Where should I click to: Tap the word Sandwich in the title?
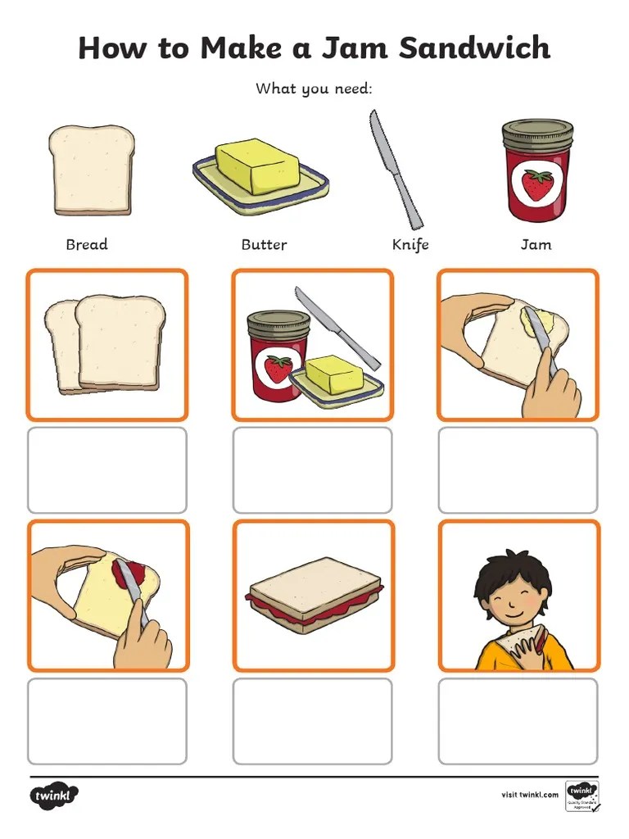475,48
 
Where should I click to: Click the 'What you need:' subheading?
314,88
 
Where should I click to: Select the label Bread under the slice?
87,244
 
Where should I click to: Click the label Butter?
264,244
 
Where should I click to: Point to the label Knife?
410,244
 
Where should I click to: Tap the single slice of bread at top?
90,170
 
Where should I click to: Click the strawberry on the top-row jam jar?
537,184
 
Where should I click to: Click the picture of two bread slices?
106,344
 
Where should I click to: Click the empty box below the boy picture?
518,721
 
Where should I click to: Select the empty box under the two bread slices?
107,470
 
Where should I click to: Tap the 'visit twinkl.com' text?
530,794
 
